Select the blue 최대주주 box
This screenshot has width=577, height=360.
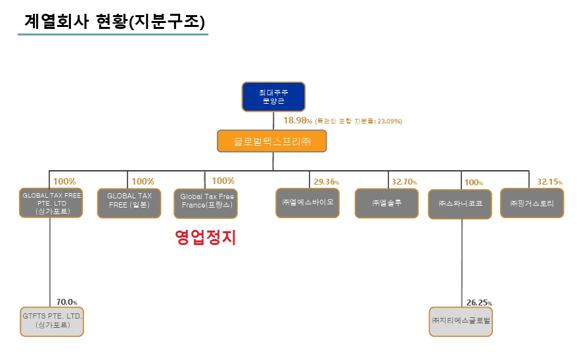[273, 97]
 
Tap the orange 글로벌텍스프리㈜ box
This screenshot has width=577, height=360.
[271, 141]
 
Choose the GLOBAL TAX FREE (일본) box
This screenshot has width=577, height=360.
[129, 203]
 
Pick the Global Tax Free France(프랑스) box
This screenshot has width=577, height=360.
[206, 203]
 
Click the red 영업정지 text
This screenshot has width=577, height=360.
[205, 238]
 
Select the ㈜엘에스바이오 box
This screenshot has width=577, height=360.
[308, 202]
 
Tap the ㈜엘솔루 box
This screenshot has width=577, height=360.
[386, 203]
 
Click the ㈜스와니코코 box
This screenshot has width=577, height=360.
[459, 204]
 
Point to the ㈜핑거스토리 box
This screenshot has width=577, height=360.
[532, 203]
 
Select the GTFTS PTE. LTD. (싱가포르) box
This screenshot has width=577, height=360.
[51, 321]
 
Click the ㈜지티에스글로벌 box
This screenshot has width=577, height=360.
[461, 321]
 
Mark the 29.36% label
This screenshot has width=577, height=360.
[327, 181]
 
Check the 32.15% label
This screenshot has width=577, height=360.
[549, 181]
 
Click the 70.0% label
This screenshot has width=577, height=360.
[67, 302]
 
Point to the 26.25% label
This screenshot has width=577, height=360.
[479, 303]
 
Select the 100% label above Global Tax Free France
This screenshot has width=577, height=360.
[223, 181]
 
